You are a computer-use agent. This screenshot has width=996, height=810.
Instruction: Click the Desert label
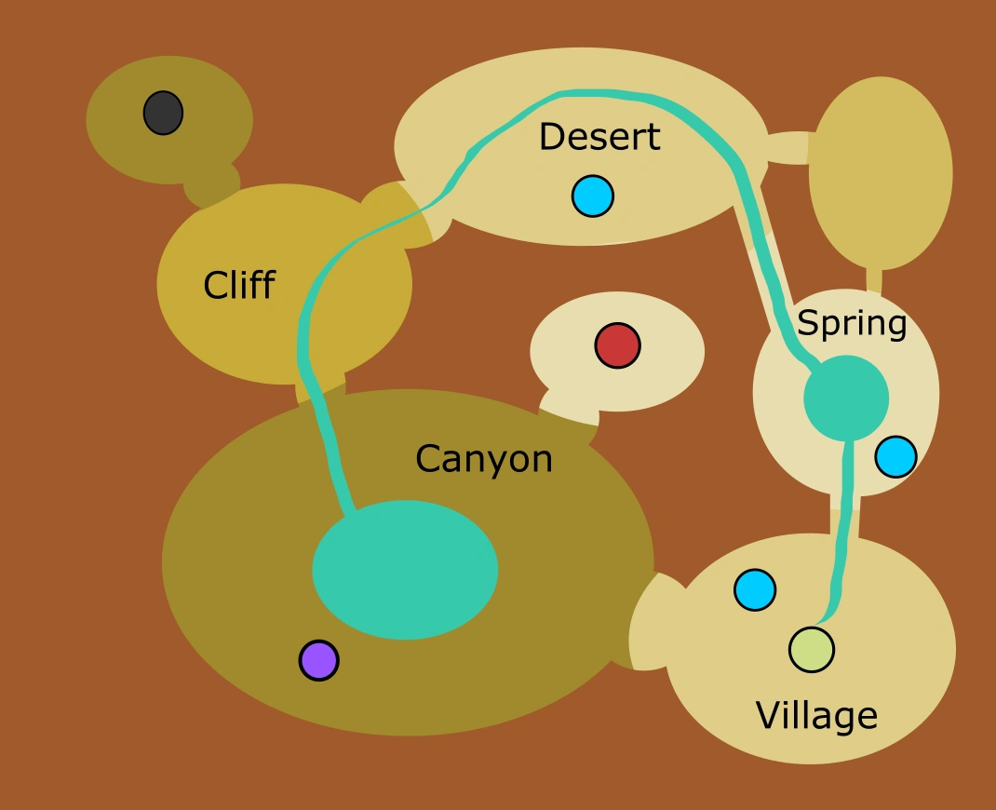click(599, 138)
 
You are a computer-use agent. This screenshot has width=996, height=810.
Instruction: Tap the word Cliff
click(238, 285)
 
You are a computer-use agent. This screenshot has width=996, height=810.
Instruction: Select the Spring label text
click(852, 324)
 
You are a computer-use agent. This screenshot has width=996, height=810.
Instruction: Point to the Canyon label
click(483, 459)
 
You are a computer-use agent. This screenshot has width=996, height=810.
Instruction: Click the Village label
click(816, 716)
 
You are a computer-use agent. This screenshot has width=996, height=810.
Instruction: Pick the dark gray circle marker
click(163, 113)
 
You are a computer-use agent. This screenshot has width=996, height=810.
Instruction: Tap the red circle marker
click(617, 345)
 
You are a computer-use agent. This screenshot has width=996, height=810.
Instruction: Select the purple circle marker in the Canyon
click(318, 660)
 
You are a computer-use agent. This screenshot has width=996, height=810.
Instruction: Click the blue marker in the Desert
click(592, 196)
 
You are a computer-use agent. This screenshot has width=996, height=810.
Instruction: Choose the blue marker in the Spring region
click(895, 456)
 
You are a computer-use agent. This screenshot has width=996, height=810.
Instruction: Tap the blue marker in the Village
click(755, 589)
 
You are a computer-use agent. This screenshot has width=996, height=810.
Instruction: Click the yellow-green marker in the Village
click(811, 649)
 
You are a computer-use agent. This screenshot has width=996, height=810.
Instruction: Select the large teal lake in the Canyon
click(405, 570)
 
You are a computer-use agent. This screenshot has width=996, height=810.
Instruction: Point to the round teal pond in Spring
click(846, 398)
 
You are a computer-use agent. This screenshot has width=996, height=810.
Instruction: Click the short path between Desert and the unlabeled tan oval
click(789, 148)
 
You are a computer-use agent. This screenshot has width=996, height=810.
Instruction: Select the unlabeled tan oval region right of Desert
click(880, 172)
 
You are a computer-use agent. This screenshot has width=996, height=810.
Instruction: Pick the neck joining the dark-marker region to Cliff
click(211, 183)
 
